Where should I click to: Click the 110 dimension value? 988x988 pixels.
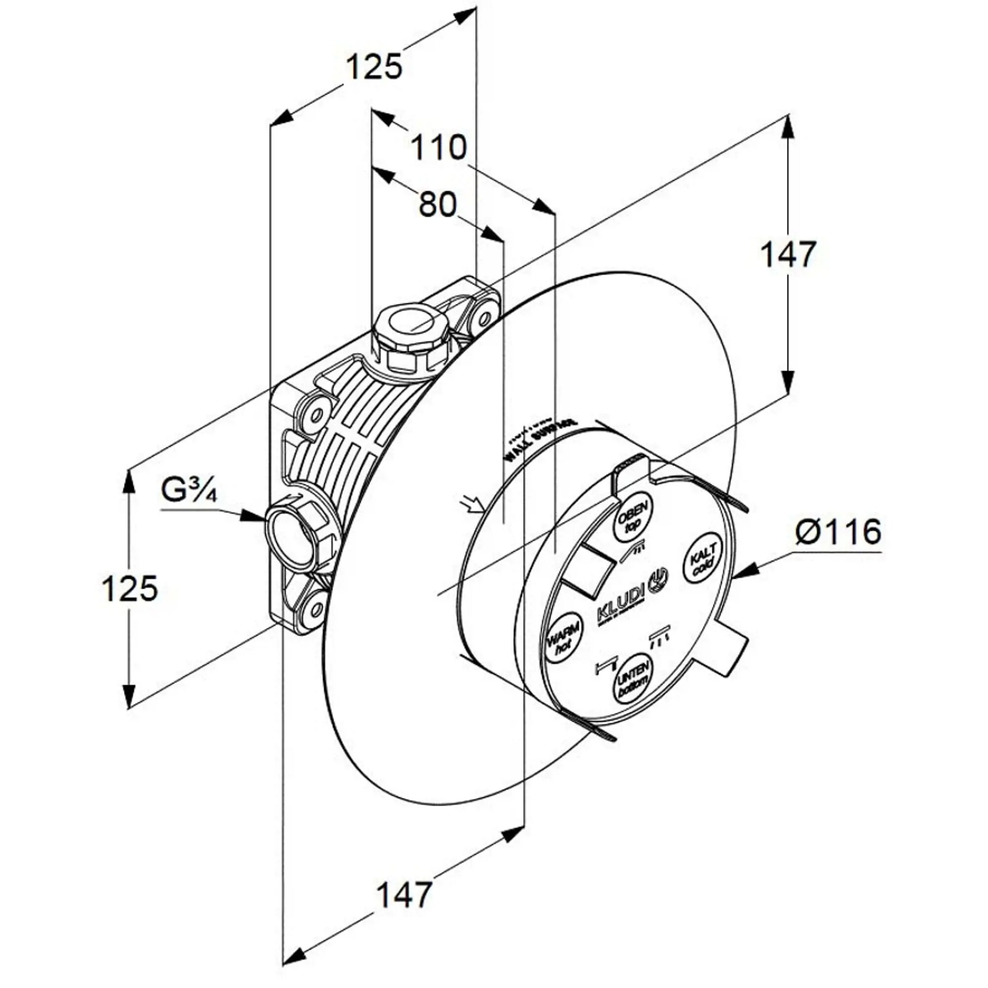tap(439, 147)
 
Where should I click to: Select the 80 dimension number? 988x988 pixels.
tap(437, 205)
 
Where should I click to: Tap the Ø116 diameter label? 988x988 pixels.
tap(838, 532)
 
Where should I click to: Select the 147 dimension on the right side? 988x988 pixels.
tap(787, 255)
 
